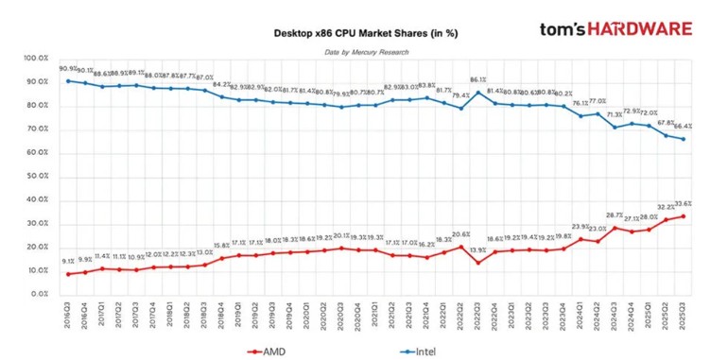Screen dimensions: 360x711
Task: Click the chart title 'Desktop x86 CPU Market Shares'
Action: click(x=365, y=33)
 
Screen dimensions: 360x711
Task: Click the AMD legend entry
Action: click(x=270, y=351)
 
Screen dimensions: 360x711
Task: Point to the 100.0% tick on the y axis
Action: click(x=37, y=59)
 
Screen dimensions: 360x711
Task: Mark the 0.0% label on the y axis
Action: click(x=41, y=294)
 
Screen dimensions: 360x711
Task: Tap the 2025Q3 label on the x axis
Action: click(x=684, y=315)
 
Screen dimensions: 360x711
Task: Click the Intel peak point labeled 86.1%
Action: click(x=478, y=92)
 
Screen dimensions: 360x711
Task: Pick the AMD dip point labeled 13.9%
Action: click(x=478, y=262)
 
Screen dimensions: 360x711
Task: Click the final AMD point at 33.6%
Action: click(x=684, y=215)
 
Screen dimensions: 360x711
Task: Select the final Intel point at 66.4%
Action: click(x=684, y=139)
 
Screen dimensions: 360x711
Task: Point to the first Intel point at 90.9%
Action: click(x=68, y=80)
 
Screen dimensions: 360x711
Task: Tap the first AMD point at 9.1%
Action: click(x=68, y=273)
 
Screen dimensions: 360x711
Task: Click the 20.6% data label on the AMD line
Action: click(x=461, y=233)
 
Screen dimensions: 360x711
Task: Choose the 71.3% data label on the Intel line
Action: click(x=614, y=112)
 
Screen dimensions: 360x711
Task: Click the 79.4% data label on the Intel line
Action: click(x=461, y=95)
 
